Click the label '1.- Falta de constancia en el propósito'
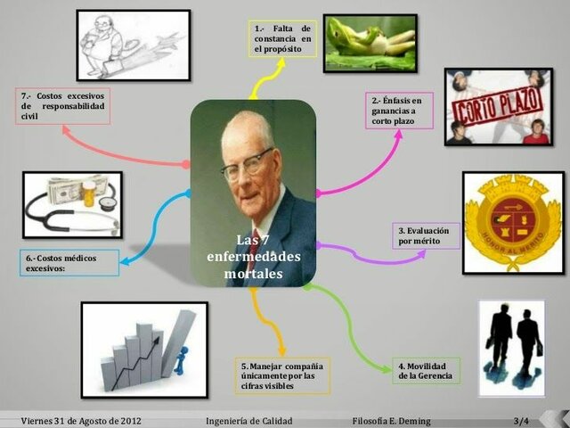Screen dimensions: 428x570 pyautogui.click(x=281, y=40)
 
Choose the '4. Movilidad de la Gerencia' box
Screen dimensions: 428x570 pyautogui.click(x=427, y=371)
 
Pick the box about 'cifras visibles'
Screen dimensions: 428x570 pyautogui.click(x=281, y=376)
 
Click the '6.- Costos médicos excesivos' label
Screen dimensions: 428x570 pyautogui.click(x=70, y=262)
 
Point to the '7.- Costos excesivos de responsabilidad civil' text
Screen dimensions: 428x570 pyautogui.click(x=62, y=106)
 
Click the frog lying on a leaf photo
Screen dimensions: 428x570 pyautogui.click(x=369, y=43)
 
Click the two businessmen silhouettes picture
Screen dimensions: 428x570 pyautogui.click(x=512, y=334)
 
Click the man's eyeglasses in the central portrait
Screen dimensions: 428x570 pyautogui.click(x=246, y=164)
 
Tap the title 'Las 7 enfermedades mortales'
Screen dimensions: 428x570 pyautogui.click(x=253, y=257)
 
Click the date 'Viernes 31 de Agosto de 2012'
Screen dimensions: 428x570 pyautogui.click(x=80, y=420)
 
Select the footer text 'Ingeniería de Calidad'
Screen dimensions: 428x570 pyautogui.click(x=248, y=420)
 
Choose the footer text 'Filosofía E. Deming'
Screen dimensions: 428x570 pyautogui.click(x=392, y=420)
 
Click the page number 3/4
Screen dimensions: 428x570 pyautogui.click(x=521, y=420)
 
